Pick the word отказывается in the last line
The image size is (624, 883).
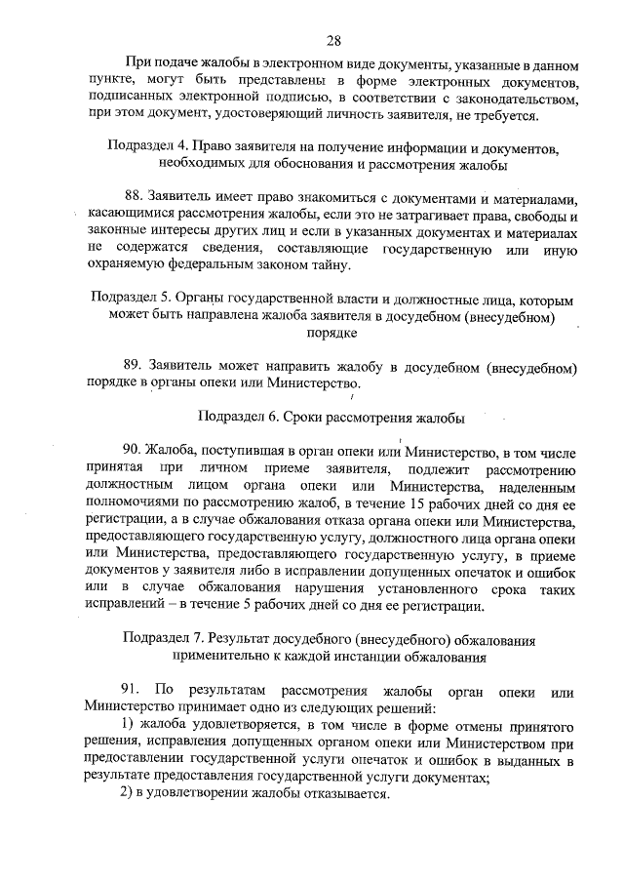(347, 793)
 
